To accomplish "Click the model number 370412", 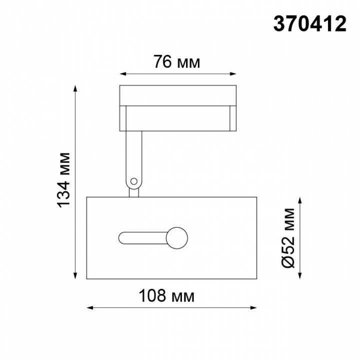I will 309,23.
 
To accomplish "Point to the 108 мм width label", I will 168,295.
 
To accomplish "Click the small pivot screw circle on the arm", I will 133,182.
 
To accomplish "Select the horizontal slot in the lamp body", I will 142,237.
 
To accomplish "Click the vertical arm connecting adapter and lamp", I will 134,155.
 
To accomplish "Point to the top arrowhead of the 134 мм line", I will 75,88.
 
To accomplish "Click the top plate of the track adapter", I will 177,95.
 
